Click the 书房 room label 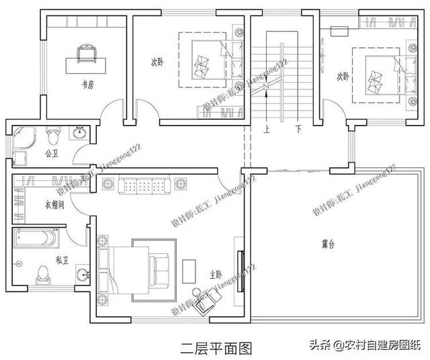coord(87,85)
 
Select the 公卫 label coord(52,153)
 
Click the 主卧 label coord(216,274)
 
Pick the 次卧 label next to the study coord(157,62)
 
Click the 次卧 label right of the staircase coord(343,77)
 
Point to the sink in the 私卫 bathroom coord(83,275)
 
